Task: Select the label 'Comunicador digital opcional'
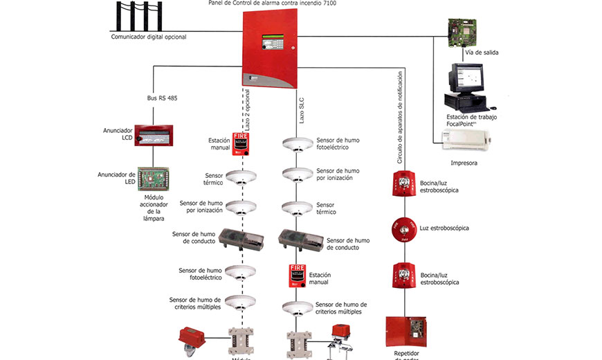[x=149, y=37]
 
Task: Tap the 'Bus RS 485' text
[x=163, y=98]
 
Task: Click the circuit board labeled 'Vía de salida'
[x=462, y=32]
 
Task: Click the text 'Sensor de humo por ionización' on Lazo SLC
[x=338, y=174]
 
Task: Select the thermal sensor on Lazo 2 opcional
[x=240, y=177]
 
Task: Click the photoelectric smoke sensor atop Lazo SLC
[x=298, y=143]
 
